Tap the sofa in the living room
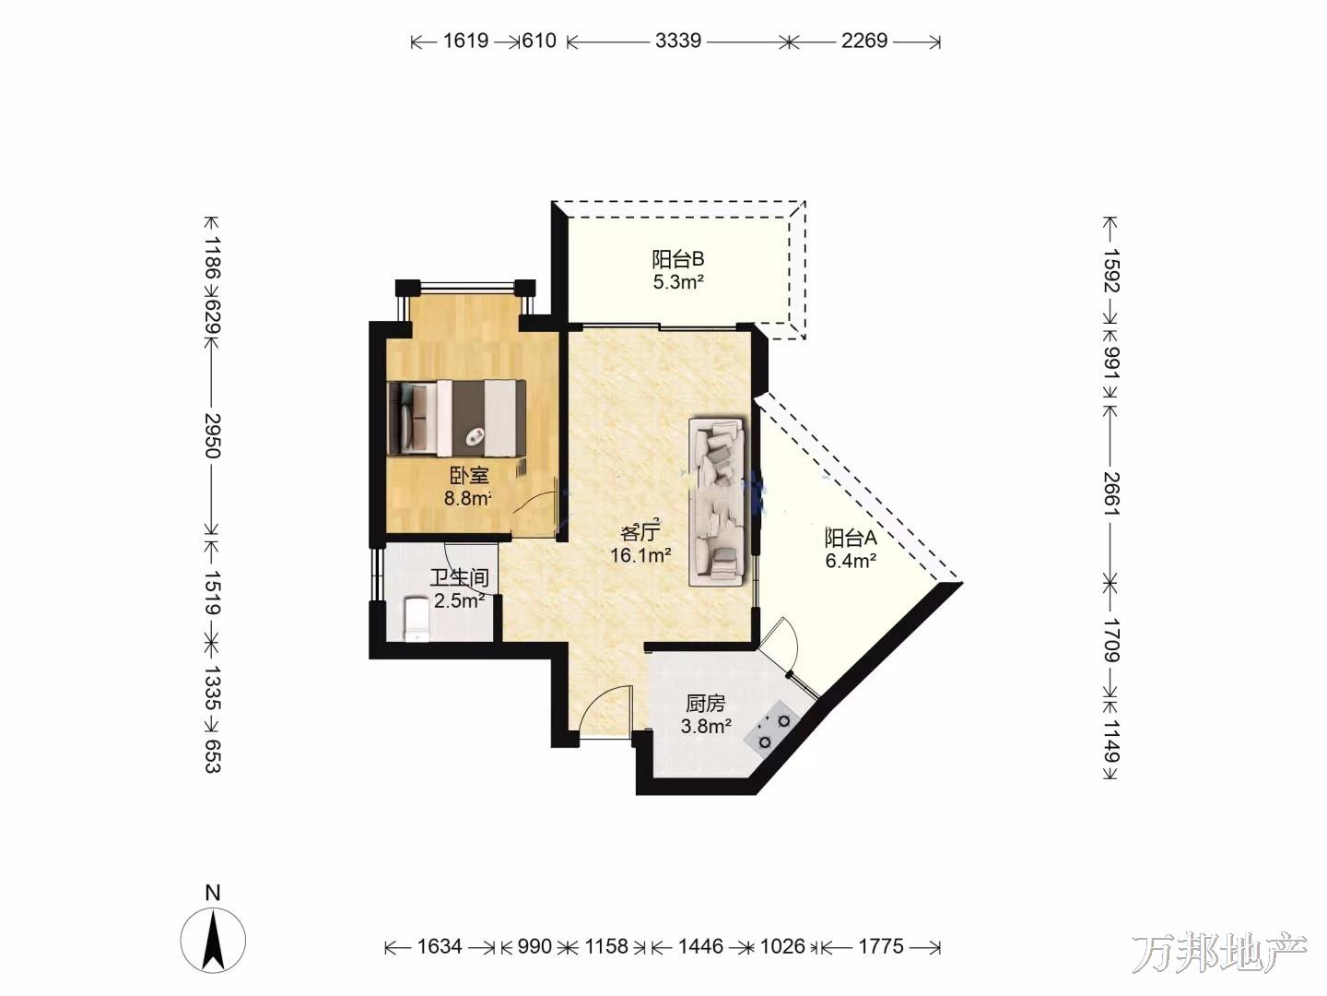717,502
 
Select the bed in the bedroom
456,418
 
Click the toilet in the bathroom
416,619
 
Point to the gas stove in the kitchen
773,731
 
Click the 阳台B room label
677,259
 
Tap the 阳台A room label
851,538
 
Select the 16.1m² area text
640,554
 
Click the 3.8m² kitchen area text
706,726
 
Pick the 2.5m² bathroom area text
460,600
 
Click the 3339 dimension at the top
678,41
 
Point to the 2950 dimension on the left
212,436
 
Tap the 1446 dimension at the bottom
700,946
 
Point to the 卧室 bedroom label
469,476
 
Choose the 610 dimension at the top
539,41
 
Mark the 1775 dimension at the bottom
882,946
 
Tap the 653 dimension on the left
212,755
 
